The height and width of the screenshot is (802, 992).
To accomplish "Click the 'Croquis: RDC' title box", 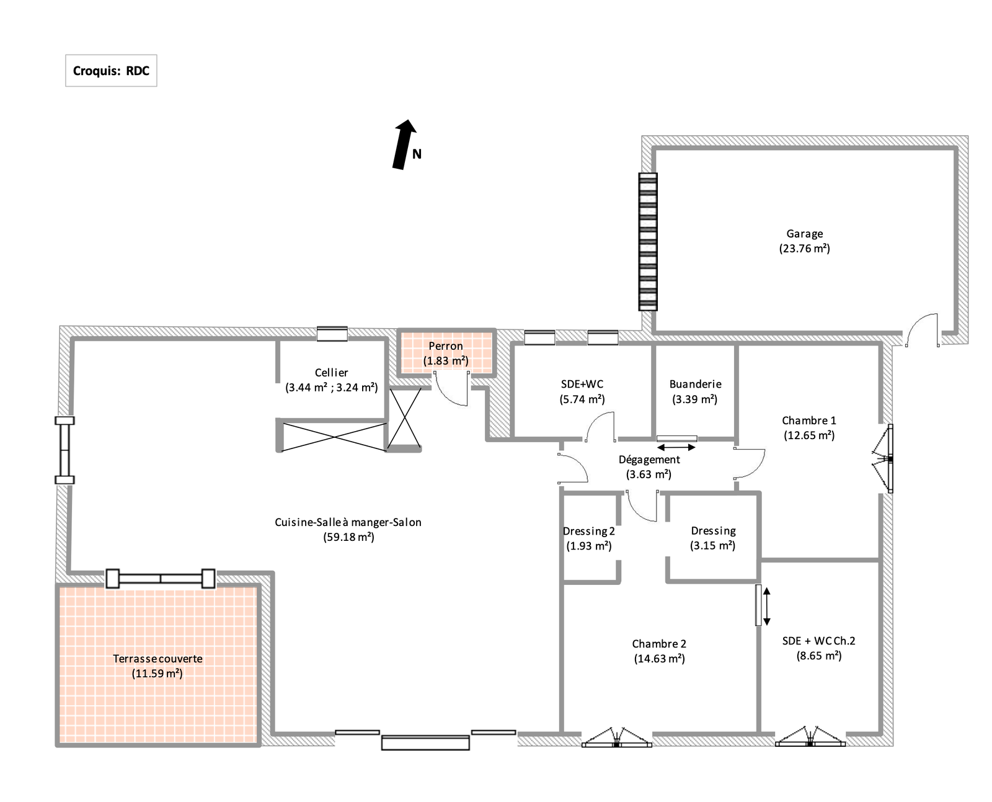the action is pos(111,70).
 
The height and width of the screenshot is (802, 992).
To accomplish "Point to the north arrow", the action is pos(404,145).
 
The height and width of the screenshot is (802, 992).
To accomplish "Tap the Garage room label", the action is pos(804,233).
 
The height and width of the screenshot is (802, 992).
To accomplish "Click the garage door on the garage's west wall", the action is pos(648,241).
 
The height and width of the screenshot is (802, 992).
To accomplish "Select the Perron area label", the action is pos(446,346).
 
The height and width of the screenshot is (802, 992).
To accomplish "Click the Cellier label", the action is pos(331,373).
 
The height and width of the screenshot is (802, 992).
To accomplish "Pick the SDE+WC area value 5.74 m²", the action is pos(582,399).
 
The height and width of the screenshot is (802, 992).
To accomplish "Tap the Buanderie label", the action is pos(696,384).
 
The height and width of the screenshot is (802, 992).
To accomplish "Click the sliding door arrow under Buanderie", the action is pos(676,447).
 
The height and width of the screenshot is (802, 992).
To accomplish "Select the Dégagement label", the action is pos(649,460).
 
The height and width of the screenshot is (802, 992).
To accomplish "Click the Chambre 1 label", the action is pos(809,421).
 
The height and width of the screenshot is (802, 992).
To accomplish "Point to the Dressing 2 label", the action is pos(588,531).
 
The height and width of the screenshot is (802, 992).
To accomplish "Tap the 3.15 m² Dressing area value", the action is pos(712,546).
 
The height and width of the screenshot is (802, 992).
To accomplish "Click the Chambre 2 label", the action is pos(659,644).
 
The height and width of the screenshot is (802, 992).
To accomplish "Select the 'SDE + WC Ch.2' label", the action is pos(819,641).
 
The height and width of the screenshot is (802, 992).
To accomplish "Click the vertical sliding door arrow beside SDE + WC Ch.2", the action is pos(766,606).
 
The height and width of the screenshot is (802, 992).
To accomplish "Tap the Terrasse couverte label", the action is pos(157,659).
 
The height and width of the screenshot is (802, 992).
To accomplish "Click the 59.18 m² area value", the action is pos(349,537).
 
